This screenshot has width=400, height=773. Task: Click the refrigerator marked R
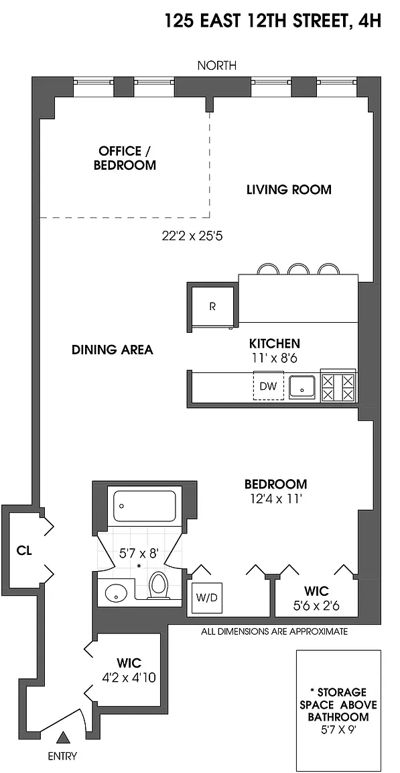click(212, 307)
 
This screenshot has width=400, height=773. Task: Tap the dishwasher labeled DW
click(269, 385)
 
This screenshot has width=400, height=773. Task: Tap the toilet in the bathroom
click(158, 585)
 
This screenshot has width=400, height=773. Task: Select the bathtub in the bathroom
click(145, 506)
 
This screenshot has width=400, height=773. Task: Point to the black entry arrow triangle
click(62, 737)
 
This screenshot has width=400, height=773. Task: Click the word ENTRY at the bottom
click(62, 756)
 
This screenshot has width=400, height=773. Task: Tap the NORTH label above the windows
click(216, 65)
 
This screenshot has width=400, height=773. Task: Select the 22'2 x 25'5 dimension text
click(193, 236)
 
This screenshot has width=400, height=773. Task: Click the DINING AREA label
click(112, 350)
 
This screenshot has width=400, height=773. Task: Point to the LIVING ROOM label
click(289, 190)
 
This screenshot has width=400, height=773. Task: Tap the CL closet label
click(24, 551)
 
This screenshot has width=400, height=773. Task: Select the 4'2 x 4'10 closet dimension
click(129, 678)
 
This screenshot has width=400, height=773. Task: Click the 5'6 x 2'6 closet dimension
click(316, 605)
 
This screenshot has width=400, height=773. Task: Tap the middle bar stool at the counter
click(298, 269)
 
